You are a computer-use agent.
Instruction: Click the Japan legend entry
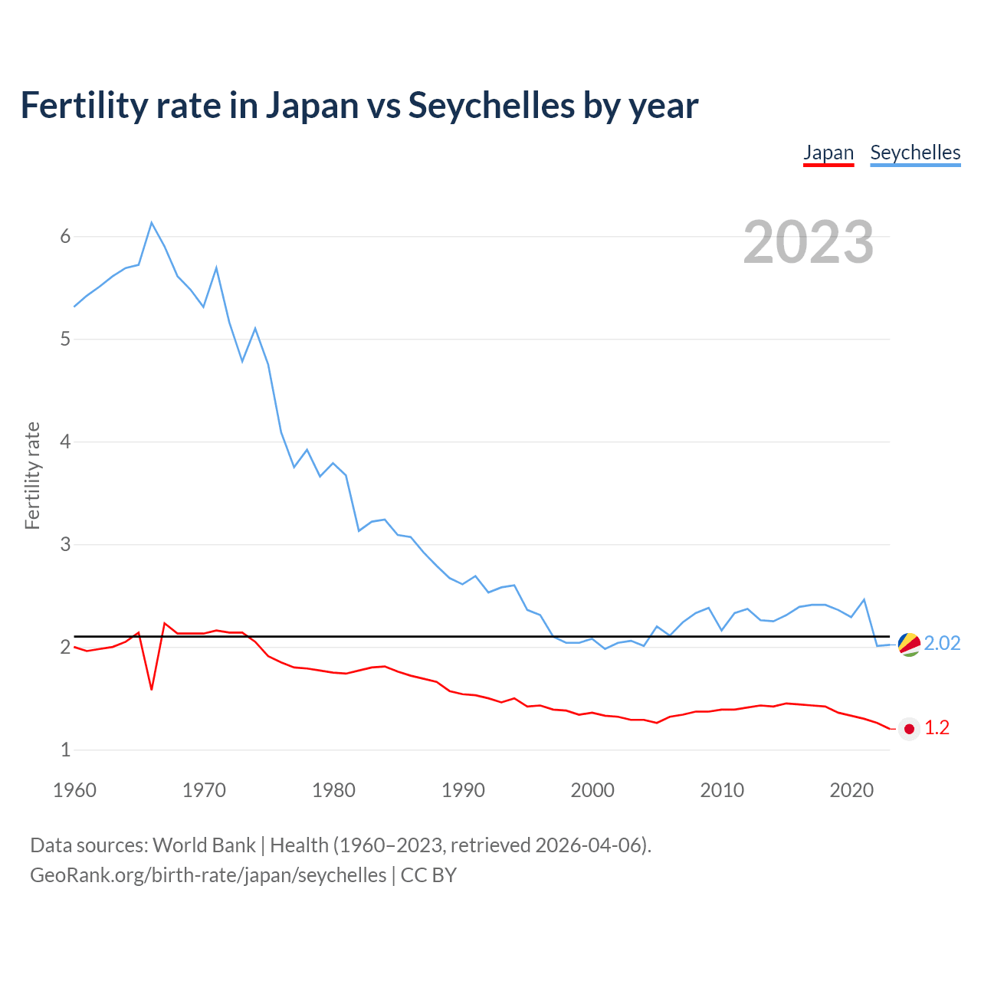(x=828, y=153)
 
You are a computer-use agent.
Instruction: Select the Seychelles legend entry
(x=915, y=153)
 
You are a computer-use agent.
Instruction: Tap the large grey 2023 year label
(x=809, y=242)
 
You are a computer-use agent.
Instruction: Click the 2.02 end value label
(x=942, y=643)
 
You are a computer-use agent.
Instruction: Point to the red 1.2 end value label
(x=937, y=728)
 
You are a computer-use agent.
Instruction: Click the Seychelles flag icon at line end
(x=909, y=645)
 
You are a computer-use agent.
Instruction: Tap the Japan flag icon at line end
(x=909, y=729)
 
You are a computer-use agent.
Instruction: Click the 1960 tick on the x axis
(x=74, y=790)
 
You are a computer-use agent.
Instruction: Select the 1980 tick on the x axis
(x=333, y=790)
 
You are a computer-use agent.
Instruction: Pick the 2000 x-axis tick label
(x=592, y=790)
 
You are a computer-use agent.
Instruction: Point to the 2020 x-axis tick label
(x=851, y=790)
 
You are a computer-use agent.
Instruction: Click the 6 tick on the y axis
(x=65, y=237)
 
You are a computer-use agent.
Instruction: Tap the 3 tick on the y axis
(x=65, y=545)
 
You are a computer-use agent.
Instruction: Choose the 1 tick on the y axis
(x=65, y=750)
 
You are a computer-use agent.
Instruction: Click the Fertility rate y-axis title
(x=32, y=475)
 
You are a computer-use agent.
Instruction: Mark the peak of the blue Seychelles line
(x=152, y=222)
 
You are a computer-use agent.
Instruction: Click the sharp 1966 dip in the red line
(x=152, y=689)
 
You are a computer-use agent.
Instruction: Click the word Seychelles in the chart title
(x=491, y=105)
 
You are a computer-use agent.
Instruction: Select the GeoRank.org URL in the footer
(x=208, y=875)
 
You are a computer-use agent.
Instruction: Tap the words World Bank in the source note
(x=204, y=845)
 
